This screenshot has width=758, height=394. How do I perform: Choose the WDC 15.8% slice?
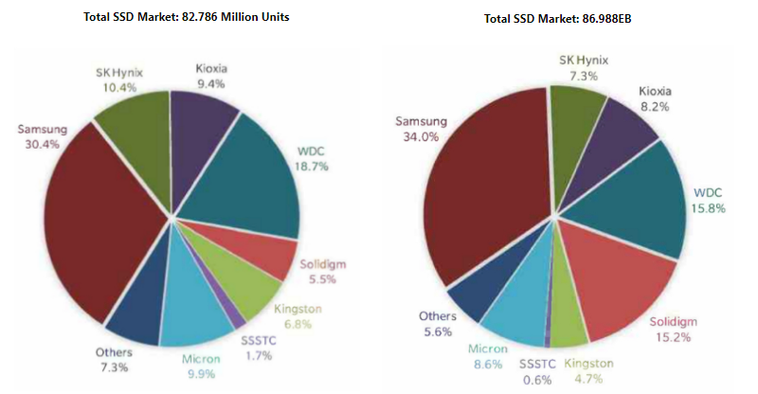(x=635, y=199)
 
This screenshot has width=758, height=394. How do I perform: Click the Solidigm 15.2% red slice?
(x=606, y=284)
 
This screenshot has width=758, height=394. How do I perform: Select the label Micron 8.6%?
(x=489, y=357)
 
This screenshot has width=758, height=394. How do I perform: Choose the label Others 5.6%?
(x=439, y=324)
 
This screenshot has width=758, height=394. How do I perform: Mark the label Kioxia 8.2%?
(x=657, y=99)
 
